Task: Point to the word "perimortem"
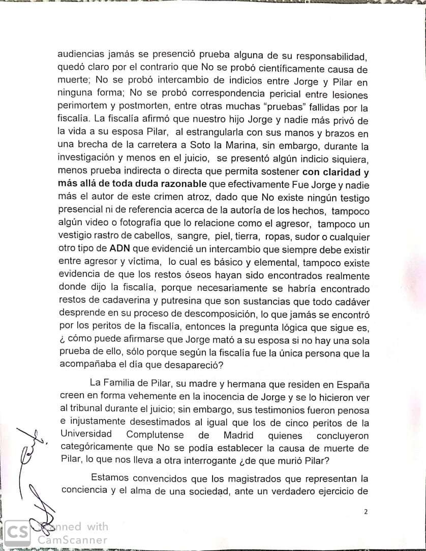coord(84,108)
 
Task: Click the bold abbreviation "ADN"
coord(120,250)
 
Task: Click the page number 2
coord(365,512)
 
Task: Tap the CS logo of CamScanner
coord(17,533)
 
